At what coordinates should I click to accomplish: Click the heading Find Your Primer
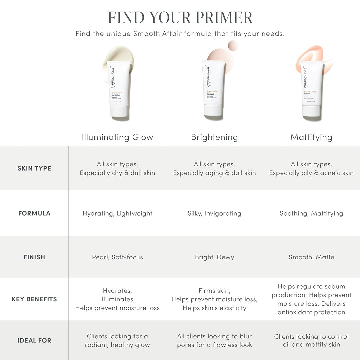pos(180,17)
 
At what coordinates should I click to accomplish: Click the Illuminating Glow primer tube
pos(119,87)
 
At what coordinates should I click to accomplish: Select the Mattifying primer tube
pos(312,88)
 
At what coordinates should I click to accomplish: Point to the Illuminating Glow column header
pos(117,137)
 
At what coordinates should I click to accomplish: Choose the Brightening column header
pos(214,137)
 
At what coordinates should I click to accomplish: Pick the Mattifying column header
pos(311,137)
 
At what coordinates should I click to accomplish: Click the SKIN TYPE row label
pos(34,168)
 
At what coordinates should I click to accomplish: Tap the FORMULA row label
pos(34,213)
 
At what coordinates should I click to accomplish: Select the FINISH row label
pos(34,257)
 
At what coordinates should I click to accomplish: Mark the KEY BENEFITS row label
pos(34,299)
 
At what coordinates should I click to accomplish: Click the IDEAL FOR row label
pos(34,340)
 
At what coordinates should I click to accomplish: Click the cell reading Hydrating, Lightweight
pos(117,213)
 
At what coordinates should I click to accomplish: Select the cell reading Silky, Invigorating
pos(214,213)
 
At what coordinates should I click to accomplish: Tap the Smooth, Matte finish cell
pos(311,257)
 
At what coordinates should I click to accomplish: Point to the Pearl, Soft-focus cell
pos(117,257)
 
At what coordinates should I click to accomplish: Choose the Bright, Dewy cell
pos(214,257)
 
